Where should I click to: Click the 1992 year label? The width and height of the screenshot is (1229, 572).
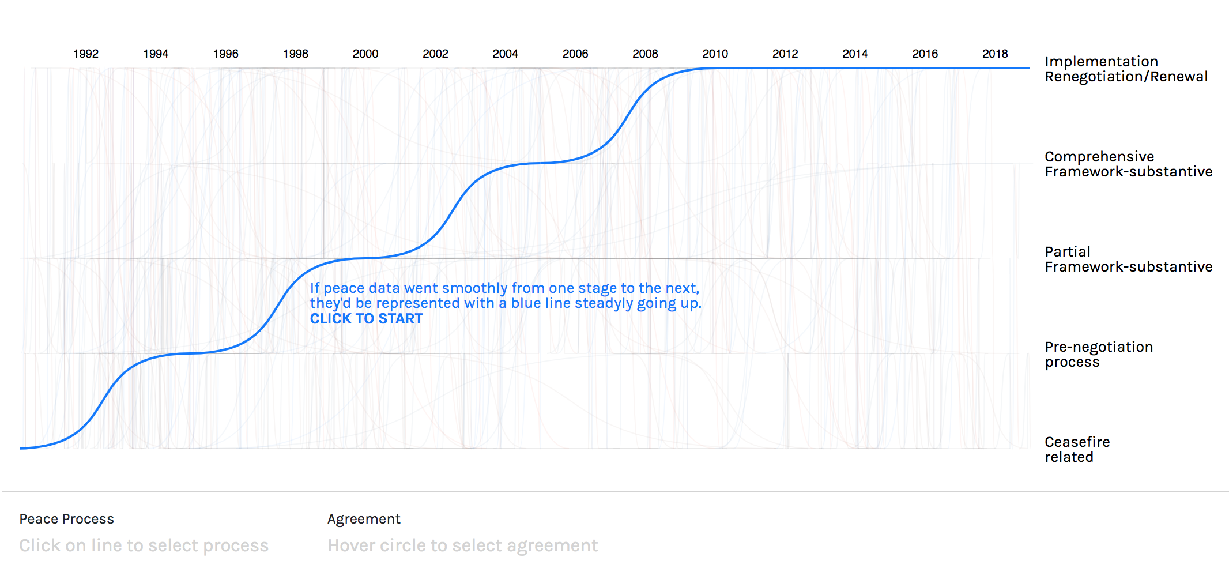(86, 54)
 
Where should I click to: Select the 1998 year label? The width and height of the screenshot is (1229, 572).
(296, 54)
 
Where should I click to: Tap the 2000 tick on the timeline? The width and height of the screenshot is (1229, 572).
(365, 54)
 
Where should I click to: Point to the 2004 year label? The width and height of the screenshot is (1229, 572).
(506, 54)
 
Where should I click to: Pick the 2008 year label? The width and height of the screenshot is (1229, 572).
(645, 54)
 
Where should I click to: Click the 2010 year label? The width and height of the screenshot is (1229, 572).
(715, 54)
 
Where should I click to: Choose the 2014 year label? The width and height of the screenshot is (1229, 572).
(855, 54)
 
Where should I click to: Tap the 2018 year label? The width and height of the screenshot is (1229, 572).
(995, 54)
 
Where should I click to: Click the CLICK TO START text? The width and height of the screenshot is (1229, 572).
(367, 319)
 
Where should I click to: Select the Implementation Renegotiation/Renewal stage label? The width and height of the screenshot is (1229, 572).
(1125, 69)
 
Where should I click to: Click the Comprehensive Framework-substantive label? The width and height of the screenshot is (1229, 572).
(1128, 164)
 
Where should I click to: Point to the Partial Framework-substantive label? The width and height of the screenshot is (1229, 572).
(1128, 259)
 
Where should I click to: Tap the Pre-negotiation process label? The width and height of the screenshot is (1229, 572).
(1098, 355)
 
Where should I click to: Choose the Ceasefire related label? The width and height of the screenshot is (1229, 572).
(1077, 450)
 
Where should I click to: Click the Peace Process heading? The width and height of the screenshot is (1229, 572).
(67, 519)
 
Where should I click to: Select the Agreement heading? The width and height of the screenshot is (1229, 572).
(364, 519)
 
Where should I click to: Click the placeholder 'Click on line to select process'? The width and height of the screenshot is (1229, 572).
(144, 545)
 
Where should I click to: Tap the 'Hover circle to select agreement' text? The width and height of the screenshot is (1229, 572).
(463, 545)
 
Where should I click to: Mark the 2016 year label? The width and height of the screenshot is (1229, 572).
(925, 54)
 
